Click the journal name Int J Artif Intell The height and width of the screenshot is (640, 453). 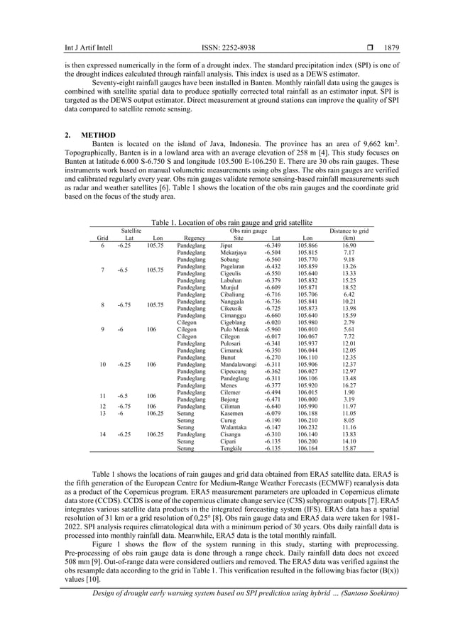coord(73,49)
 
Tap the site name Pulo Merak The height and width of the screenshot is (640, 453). coord(234,330)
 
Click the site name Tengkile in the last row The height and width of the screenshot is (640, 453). coord(232,448)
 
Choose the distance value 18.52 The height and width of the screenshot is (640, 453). coord(349,287)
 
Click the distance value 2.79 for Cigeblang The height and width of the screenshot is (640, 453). coord(349,323)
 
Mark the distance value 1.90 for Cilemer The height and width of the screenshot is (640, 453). coord(349,392)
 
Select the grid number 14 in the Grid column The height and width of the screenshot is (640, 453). coord(102,434)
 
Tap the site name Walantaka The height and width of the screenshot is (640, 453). coord(234,428)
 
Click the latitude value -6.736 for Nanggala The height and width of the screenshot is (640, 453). coord(273,302)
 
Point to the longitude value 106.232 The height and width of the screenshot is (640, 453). coord(308,428)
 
